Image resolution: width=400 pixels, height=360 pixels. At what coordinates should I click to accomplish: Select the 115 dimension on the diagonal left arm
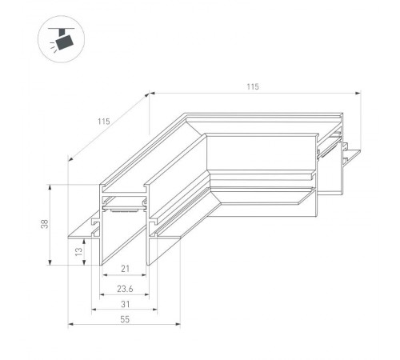coord(103,122)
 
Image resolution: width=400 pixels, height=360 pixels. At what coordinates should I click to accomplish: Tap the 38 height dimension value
coord(45,225)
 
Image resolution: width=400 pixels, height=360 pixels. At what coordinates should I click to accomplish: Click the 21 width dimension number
coord(126,268)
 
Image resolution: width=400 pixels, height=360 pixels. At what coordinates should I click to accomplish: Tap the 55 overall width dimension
coord(126,318)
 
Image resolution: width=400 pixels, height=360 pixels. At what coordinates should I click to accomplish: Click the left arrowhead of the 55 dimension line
coord(70,325)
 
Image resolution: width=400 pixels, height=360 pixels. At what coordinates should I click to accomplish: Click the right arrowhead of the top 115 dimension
coord(358,93)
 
